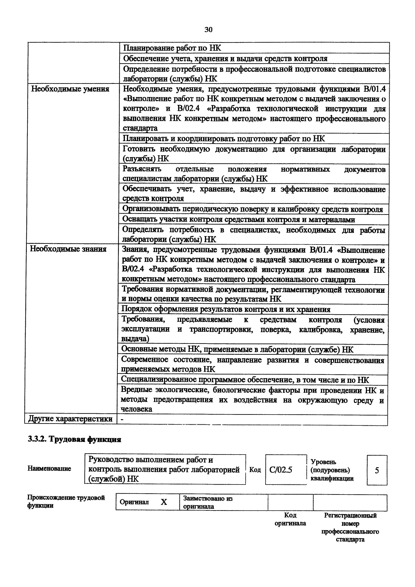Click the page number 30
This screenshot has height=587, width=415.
208,30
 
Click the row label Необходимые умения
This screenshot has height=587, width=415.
70,89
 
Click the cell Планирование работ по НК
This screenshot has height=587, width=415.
172,48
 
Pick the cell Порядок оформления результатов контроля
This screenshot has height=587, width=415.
226,309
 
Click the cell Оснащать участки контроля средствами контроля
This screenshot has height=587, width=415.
239,219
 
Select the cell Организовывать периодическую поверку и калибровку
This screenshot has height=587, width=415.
252,209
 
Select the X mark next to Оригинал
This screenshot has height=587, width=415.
164,502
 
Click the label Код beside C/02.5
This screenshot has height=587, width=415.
255,470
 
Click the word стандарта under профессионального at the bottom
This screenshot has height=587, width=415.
350,539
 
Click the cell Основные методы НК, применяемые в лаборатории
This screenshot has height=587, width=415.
237,349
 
